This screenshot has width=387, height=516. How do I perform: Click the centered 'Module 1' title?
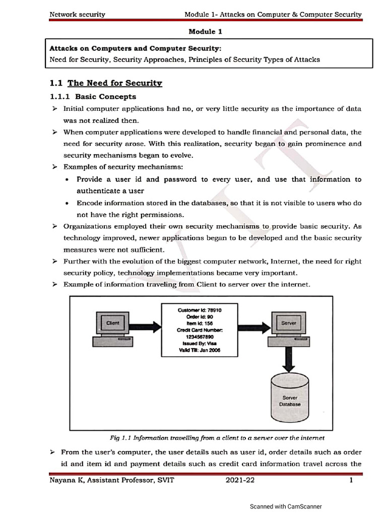pos(205,31)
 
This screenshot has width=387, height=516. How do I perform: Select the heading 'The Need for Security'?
pos(115,83)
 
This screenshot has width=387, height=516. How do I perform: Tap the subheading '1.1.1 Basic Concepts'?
pos(93,96)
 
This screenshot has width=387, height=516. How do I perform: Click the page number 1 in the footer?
pos(350,480)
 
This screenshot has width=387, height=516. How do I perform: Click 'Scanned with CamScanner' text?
pos(286,506)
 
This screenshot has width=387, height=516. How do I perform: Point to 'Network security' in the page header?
pos(77,15)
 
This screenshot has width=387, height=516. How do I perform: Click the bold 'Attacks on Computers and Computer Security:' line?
pos(135,48)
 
